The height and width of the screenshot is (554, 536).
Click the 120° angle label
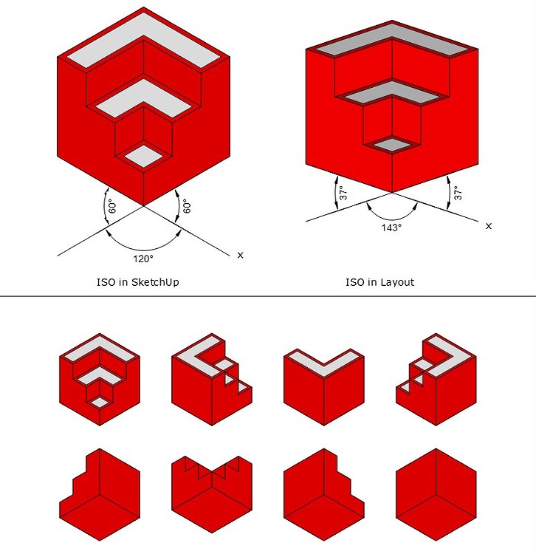(x=143, y=259)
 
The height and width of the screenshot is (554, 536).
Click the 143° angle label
(x=391, y=228)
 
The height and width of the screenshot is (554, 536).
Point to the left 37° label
(x=342, y=194)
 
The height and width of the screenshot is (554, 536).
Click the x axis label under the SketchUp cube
(x=240, y=255)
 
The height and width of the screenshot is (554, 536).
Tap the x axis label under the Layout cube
(x=488, y=226)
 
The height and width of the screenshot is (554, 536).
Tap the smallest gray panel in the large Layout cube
(x=391, y=143)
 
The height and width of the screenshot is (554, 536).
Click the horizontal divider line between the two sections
(x=268, y=297)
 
